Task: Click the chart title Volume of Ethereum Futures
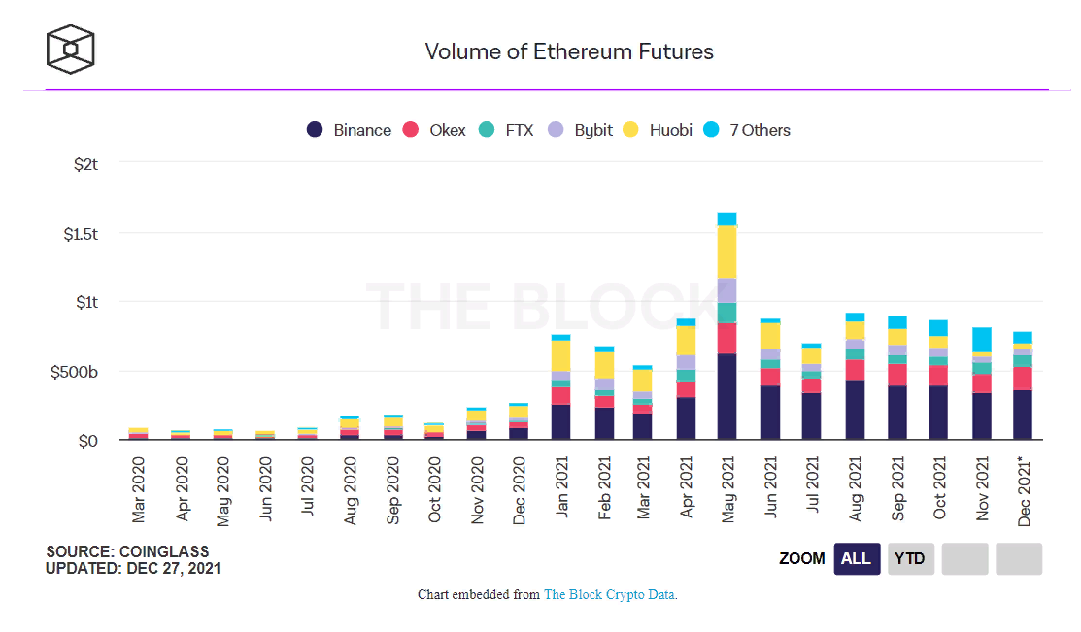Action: [569, 51]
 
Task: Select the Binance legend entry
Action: [350, 130]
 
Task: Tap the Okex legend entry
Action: [435, 130]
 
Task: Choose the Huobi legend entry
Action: [658, 130]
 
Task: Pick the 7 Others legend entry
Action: [752, 130]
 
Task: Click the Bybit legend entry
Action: [581, 130]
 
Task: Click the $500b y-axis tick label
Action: [75, 372]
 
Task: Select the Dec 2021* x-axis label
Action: [1023, 489]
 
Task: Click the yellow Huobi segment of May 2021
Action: [726, 251]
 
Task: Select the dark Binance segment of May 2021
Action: [726, 396]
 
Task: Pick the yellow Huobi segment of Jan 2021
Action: [560, 355]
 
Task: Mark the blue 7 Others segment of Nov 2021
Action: [981, 340]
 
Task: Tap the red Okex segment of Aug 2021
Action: [855, 370]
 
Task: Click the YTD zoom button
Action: [910, 558]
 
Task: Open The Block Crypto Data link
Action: [610, 594]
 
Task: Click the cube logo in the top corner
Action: [71, 49]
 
